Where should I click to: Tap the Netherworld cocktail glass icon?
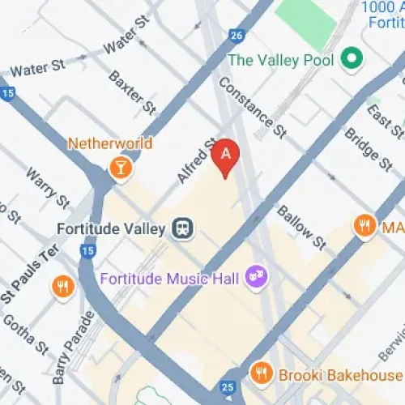pyautogui.click(x=120, y=168)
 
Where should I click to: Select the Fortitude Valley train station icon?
pyautogui.click(x=183, y=228)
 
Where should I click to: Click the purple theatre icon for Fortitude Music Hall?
pyautogui.click(x=258, y=276)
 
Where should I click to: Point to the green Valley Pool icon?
pyautogui.click(x=351, y=58)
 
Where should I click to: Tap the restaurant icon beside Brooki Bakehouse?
pyautogui.click(x=261, y=374)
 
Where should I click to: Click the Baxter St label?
pyautogui.click(x=132, y=92)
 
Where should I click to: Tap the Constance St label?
pyautogui.click(x=252, y=105)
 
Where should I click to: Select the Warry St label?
pyautogui.click(x=46, y=187)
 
